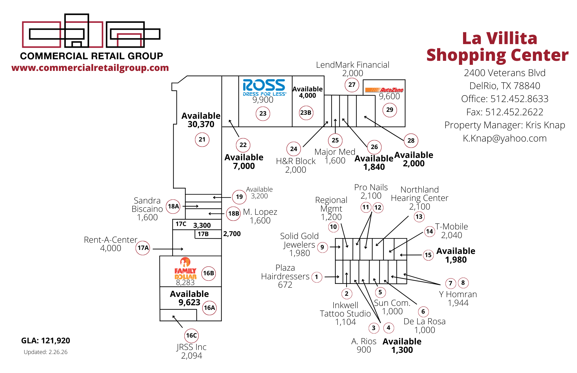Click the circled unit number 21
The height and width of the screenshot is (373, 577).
click(202, 140)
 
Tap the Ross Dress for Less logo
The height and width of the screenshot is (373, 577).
click(264, 87)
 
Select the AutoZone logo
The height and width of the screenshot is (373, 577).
click(384, 90)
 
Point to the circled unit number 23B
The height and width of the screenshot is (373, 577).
click(306, 113)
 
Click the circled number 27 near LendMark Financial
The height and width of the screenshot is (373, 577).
click(352, 85)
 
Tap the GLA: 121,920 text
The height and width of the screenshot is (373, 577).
click(46, 340)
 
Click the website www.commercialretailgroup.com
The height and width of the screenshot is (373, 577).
click(90, 68)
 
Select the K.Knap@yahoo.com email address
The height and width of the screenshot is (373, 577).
click(505, 138)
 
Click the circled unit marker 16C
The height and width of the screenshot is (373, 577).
click(191, 336)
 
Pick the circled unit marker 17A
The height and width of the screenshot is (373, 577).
click(143, 248)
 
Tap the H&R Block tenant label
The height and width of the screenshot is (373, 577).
click(296, 161)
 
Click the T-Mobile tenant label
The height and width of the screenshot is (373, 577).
click(452, 227)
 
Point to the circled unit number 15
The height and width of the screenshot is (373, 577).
click(428, 255)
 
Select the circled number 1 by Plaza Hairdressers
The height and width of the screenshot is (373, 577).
click(316, 277)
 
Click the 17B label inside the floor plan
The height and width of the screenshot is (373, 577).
click(203, 234)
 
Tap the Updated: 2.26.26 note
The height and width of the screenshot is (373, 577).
click(46, 352)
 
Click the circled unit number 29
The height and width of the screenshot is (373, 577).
click(389, 110)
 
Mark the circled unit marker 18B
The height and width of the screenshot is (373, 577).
click(233, 214)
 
